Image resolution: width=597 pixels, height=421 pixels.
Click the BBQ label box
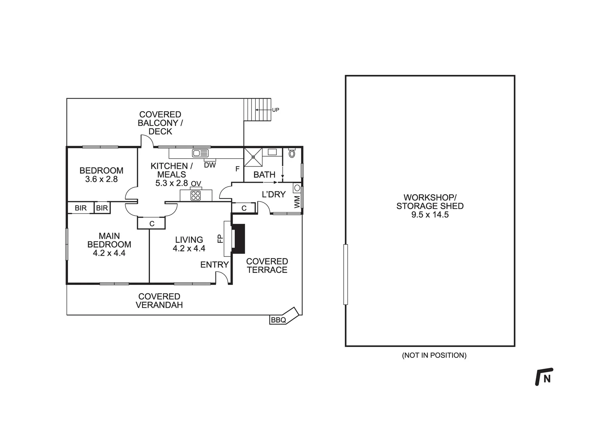[x=278, y=320]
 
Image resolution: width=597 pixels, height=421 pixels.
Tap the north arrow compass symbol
[x=544, y=377]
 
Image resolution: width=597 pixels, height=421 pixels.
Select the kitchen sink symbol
[x=200, y=153]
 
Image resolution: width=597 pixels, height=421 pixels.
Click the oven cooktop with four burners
[x=196, y=195]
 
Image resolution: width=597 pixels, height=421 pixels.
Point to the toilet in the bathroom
[x=292, y=153]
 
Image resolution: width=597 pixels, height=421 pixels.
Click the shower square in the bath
[x=253, y=157]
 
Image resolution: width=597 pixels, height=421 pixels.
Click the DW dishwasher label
[x=210, y=165]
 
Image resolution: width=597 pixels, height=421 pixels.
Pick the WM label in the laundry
[x=297, y=202]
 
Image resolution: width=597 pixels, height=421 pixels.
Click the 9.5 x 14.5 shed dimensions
[x=430, y=214]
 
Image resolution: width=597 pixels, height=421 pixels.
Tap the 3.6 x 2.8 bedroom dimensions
[x=101, y=179]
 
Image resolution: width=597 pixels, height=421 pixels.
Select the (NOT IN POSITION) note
[x=434, y=355]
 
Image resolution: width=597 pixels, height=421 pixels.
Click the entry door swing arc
[x=222, y=277]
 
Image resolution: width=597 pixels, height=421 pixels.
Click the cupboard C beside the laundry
[x=244, y=208]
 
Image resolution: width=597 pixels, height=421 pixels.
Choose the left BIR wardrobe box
[x=81, y=208]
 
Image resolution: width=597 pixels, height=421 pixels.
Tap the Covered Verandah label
[x=159, y=301]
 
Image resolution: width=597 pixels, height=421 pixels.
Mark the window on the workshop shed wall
[x=345, y=274]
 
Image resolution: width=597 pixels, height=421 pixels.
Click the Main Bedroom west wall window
[x=67, y=244]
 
